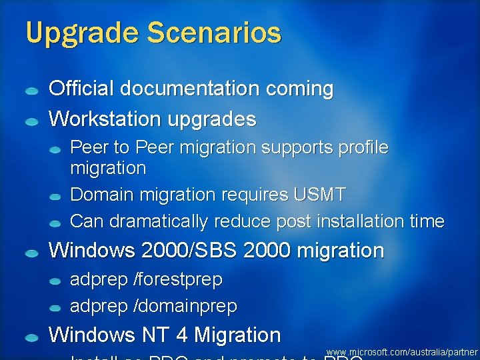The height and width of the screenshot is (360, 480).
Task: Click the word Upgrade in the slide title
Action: pyautogui.click(x=75, y=33)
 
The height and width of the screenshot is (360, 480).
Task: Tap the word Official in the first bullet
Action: pyautogui.click(x=79, y=89)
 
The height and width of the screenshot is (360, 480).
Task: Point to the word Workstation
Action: pyautogui.click(x=105, y=119)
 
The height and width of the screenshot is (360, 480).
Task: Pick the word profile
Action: pyautogui.click(x=361, y=147)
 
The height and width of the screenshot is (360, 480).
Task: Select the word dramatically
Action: pyautogui.click(x=159, y=221)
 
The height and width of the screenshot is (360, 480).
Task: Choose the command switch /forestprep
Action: pyautogui.click(x=178, y=280)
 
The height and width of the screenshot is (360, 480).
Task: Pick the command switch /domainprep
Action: pyautogui.click(x=185, y=307)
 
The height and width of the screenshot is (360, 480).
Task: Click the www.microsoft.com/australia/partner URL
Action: pyautogui.click(x=402, y=351)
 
